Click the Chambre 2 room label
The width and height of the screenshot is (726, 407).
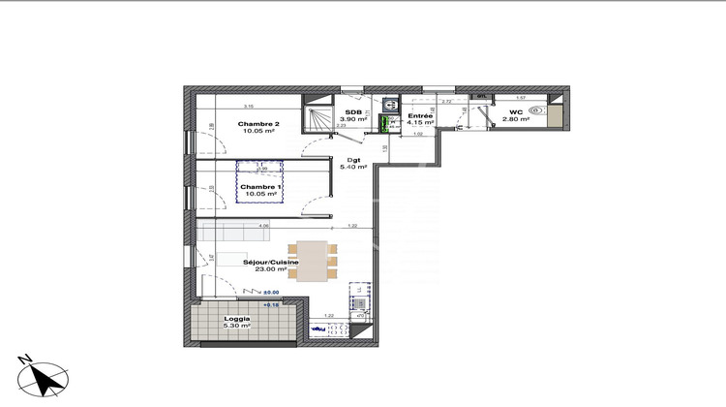[258, 125]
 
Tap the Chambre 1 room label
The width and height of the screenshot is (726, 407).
[258, 186]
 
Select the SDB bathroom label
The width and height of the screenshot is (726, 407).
[353, 111]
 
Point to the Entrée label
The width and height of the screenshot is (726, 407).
[420, 115]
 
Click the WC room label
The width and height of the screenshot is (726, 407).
[516, 111]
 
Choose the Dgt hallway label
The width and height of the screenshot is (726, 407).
[354, 159]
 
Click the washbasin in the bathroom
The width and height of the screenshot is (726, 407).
[389, 104]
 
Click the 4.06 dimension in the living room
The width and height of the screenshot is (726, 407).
[262, 227]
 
